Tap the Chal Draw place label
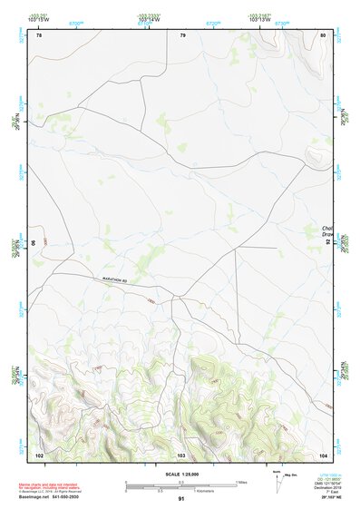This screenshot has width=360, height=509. [328, 232]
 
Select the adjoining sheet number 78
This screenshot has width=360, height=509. [39, 35]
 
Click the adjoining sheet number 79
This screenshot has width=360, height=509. [182, 35]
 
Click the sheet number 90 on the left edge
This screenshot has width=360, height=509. [34, 243]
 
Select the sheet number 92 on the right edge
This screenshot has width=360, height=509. [327, 243]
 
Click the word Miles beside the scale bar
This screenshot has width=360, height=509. [243, 482]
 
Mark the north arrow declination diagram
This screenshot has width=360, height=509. [277, 479]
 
